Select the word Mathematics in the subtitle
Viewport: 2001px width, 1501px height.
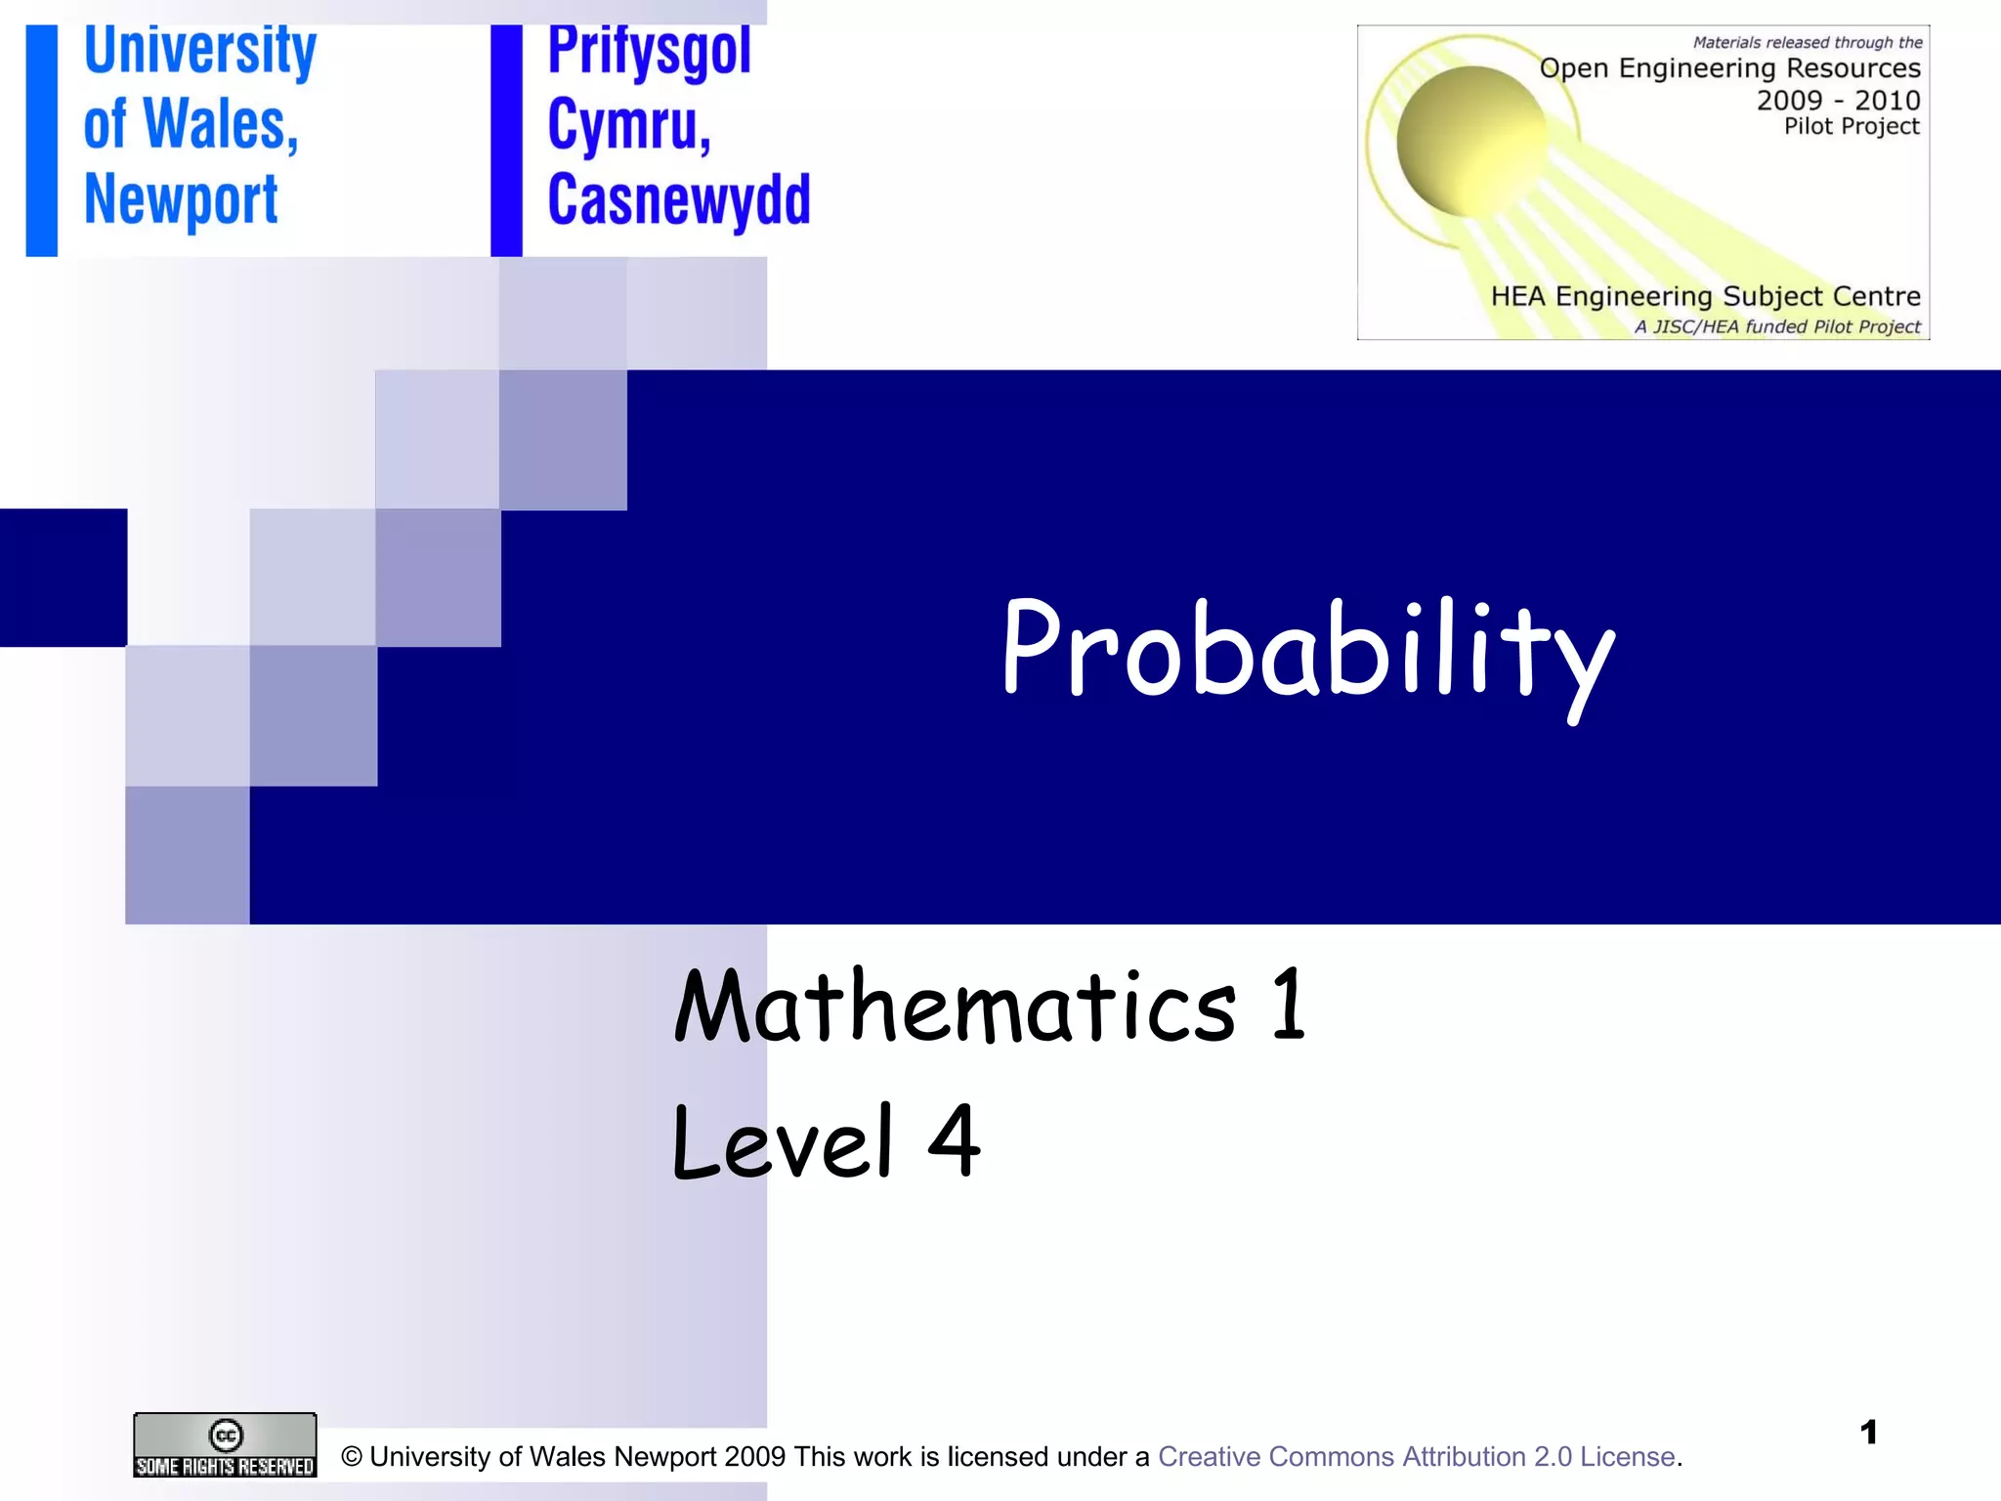coord(955,1007)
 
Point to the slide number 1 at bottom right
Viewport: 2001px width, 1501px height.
coord(1868,1433)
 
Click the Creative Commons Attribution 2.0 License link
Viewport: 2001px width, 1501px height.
coord(1416,1457)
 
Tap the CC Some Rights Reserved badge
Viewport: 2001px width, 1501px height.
coord(225,1445)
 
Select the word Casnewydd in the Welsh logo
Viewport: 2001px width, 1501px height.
coord(678,200)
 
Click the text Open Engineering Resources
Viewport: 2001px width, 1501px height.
coord(1729,68)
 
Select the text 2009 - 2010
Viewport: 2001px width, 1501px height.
coord(1838,101)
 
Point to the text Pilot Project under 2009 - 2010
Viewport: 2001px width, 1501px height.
coord(1852,126)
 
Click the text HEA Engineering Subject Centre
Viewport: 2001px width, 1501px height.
coord(1705,296)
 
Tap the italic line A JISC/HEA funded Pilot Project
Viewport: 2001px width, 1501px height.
coord(1777,326)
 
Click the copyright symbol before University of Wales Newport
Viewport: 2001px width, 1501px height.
coord(352,1457)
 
